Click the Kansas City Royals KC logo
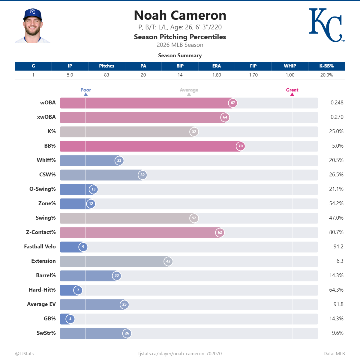tap(326, 25)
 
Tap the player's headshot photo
tap(33, 26)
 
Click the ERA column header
tap(217, 66)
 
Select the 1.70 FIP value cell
tap(253, 75)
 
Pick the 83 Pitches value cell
tap(106, 75)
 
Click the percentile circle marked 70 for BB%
tap(240, 146)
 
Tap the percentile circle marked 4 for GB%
tap(70, 319)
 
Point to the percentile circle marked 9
tap(83, 247)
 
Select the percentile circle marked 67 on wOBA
tap(233, 103)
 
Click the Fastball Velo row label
tap(40, 247)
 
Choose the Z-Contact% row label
tap(41, 232)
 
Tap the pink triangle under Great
tap(292, 94)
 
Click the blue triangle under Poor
tap(86, 94)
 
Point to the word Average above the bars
tap(189, 90)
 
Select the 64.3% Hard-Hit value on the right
tap(336, 290)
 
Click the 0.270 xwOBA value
tap(337, 117)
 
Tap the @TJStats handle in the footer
tap(24, 354)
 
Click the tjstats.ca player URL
tap(180, 354)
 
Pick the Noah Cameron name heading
tap(180, 15)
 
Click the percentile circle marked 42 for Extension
tap(168, 261)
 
